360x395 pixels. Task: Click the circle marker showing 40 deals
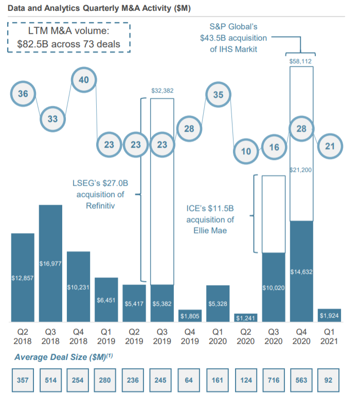pyautogui.click(x=84, y=80)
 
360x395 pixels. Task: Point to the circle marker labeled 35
pyautogui.click(x=218, y=95)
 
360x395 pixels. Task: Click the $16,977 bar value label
pyautogui.click(x=51, y=264)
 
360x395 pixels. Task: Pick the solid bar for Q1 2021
pyautogui.click(x=329, y=315)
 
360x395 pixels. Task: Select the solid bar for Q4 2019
pyautogui.click(x=190, y=316)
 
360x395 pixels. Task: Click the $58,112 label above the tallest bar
pyautogui.click(x=301, y=61)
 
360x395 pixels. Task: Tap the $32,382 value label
pyautogui.click(x=163, y=91)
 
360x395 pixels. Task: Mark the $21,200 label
pyautogui.click(x=301, y=170)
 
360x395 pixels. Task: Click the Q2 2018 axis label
pyautogui.click(x=23, y=336)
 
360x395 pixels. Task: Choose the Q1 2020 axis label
pyautogui.click(x=218, y=336)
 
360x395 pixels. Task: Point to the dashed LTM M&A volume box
pyautogui.click(x=69, y=37)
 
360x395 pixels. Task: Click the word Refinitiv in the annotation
pyautogui.click(x=100, y=205)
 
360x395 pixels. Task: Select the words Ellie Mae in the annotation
pyautogui.click(x=210, y=230)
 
